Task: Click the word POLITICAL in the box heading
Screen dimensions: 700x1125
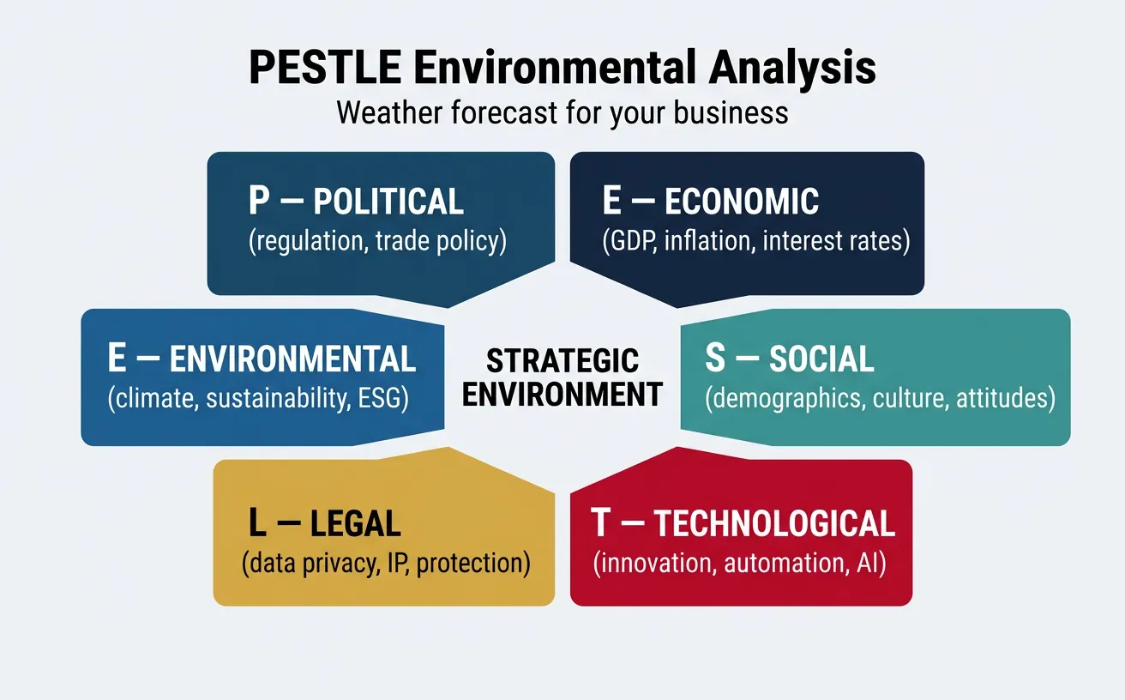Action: point(388,202)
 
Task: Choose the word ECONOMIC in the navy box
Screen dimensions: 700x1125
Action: point(742,202)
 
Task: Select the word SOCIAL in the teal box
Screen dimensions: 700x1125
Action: point(821,359)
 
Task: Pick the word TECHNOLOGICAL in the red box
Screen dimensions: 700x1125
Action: point(774,523)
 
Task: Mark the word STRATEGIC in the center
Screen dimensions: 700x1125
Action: point(562,360)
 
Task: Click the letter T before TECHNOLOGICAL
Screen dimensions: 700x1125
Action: point(601,522)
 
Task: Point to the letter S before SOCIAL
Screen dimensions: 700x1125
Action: point(714,359)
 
